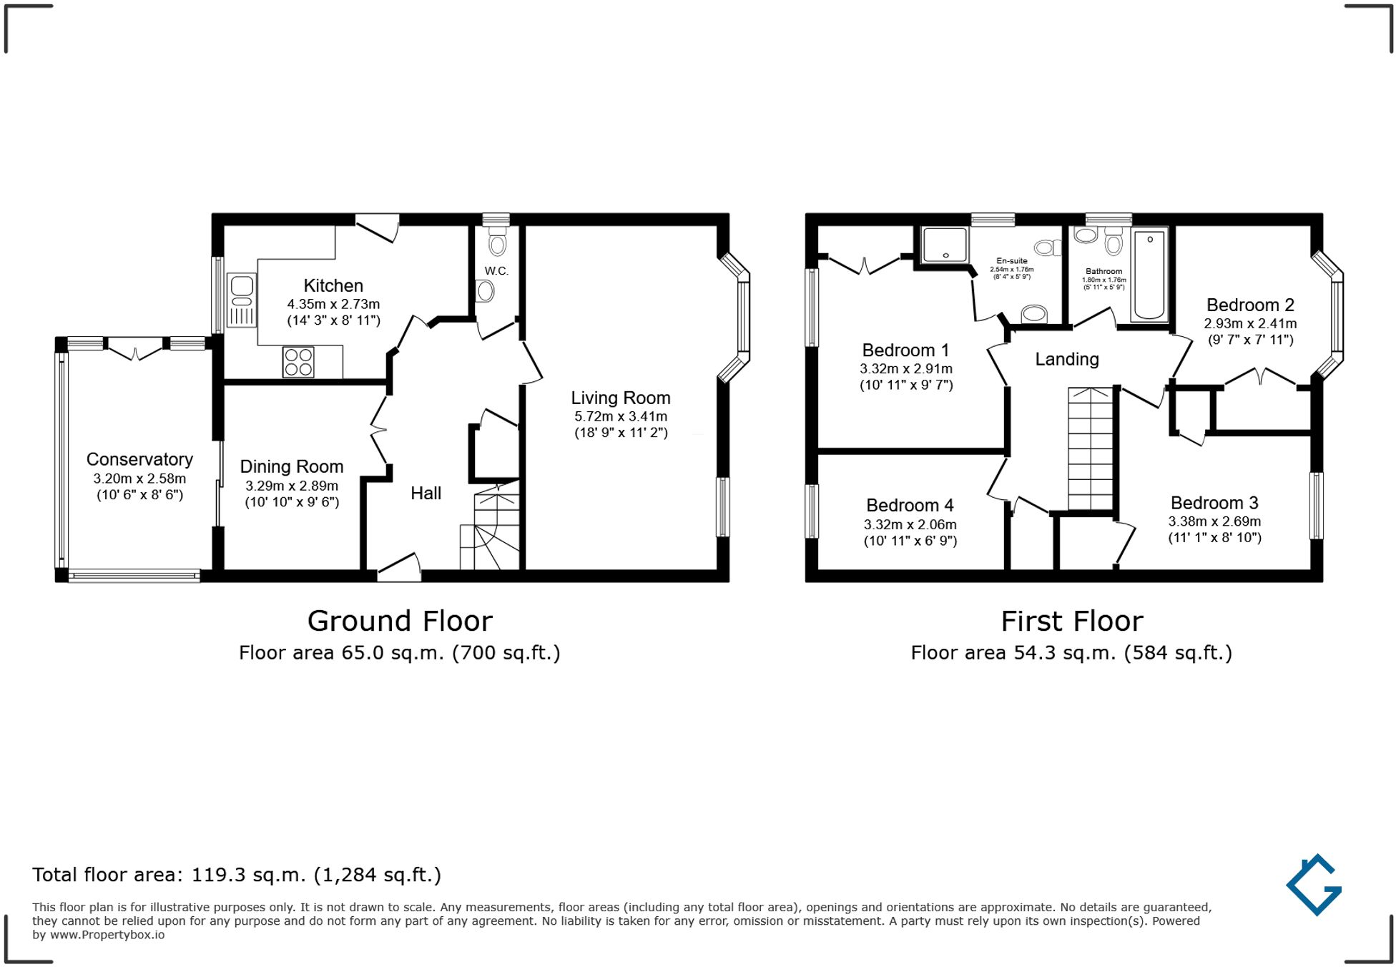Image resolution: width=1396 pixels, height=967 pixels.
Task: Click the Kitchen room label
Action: pos(333,285)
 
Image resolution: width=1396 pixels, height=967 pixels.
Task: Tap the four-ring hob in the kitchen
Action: pos(298,362)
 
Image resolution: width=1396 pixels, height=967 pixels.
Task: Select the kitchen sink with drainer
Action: pos(242,300)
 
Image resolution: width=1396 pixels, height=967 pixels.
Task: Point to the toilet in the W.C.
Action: pos(497,244)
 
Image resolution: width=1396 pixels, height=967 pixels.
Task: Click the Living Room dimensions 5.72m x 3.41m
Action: pos(620,416)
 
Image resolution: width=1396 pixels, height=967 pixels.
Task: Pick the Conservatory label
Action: pos(139,459)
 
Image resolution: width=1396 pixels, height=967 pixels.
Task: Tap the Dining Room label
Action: pos(291,466)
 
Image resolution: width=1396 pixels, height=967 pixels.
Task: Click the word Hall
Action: pos(426,493)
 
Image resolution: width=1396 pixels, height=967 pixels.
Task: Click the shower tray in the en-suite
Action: pos(944,245)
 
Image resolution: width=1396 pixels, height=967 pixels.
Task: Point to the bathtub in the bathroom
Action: pos(1149,274)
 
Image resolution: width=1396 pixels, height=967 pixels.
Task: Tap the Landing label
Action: pos(1066,359)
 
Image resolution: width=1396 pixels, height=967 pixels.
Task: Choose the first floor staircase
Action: pos(1091,448)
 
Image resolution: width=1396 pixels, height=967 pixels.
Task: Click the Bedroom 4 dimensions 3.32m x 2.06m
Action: pos(910,524)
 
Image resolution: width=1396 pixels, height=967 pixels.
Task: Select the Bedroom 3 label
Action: pos(1214,503)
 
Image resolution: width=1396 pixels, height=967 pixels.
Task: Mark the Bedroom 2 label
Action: pos(1249,305)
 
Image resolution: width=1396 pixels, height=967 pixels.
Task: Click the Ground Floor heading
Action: pos(400,621)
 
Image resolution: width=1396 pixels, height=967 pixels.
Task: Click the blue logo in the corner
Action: pos(1314,885)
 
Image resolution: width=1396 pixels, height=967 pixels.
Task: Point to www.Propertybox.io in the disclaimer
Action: pos(107,935)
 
